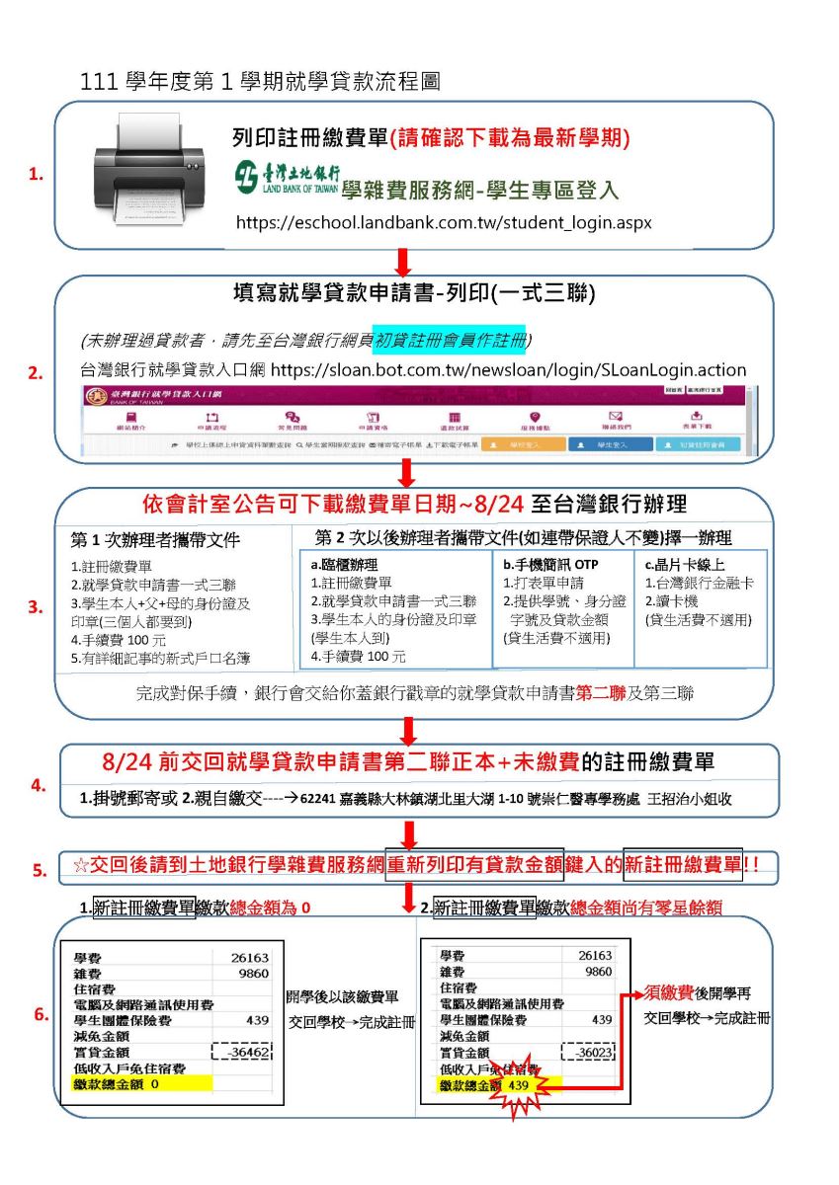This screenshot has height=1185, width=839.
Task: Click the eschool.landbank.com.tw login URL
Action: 444,222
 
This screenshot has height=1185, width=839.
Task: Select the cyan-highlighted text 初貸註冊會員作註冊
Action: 450,340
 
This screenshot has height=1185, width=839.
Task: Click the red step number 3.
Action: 36,607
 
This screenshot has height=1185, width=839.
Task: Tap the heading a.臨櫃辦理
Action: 346,564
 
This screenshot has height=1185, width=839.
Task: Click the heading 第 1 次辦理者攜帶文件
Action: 155,541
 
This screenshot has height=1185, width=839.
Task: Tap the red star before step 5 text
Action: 81,866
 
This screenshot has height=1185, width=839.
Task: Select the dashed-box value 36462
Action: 243,1053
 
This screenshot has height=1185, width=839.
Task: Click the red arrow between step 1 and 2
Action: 402,262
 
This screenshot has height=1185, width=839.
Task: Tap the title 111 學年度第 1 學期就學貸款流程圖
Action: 261,82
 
